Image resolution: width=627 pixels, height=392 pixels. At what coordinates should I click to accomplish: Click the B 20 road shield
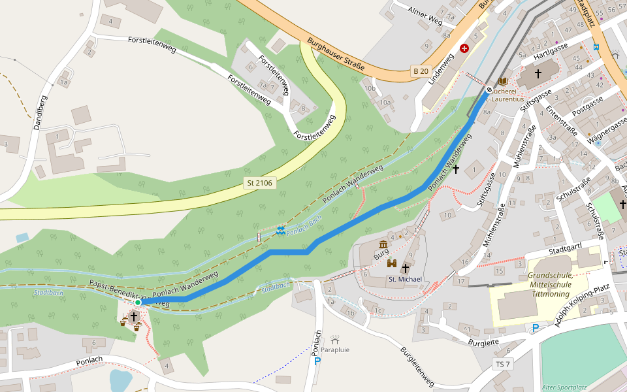tap(421, 71)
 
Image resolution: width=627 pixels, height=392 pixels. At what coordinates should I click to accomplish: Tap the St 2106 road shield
tap(259, 184)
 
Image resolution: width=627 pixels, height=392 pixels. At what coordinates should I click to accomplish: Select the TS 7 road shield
tap(503, 364)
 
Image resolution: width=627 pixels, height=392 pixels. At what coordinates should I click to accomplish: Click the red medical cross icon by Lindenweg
tap(464, 48)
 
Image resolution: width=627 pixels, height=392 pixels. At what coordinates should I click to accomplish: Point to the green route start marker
tap(138, 302)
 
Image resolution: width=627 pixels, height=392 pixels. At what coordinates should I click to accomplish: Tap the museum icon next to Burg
tap(382, 245)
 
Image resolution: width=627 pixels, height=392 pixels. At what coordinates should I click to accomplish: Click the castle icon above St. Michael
tap(392, 263)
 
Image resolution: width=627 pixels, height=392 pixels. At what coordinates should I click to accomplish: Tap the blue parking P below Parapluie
tap(318, 361)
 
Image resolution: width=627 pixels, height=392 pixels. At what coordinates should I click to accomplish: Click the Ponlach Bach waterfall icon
tap(280, 230)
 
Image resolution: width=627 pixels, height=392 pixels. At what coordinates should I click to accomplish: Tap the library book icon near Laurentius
tap(502, 81)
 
